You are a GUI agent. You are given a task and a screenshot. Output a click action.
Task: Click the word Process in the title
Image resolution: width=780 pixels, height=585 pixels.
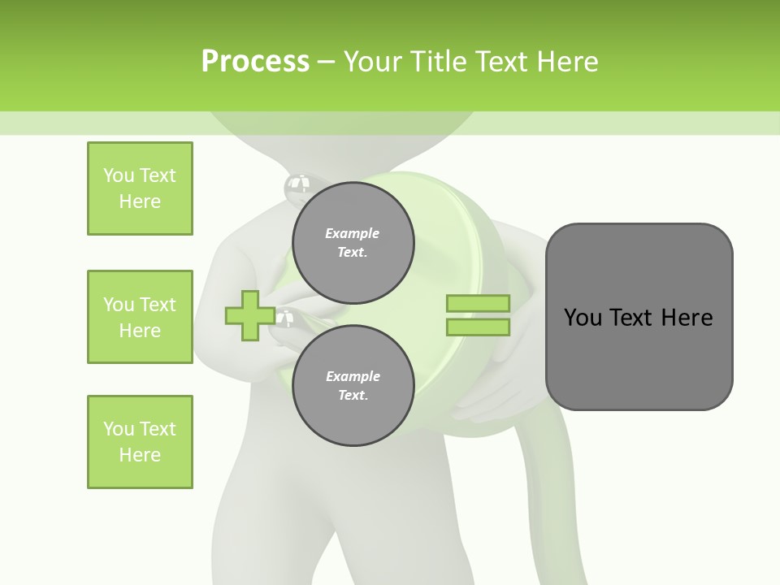pyautogui.click(x=255, y=61)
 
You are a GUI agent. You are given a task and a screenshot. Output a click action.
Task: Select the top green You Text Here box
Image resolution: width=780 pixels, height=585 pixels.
pyautogui.click(x=140, y=188)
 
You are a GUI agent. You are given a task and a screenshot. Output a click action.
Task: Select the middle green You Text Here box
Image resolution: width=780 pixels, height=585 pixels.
pyautogui.click(x=140, y=317)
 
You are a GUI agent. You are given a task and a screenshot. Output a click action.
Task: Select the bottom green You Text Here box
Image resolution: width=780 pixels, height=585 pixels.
pyautogui.click(x=140, y=442)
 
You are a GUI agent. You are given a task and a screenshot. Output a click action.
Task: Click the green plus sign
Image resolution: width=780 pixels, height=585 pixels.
pyautogui.click(x=249, y=316)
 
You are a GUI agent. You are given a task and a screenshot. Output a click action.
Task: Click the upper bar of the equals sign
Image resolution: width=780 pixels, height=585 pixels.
pyautogui.click(x=478, y=303)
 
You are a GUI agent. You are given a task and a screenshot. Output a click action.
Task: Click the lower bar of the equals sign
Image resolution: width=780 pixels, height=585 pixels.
pyautogui.click(x=478, y=327)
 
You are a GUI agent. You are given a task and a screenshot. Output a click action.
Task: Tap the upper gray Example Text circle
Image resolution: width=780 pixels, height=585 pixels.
pyautogui.click(x=353, y=242)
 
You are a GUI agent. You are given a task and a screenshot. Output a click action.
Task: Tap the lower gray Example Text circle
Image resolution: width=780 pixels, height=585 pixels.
pyautogui.click(x=353, y=385)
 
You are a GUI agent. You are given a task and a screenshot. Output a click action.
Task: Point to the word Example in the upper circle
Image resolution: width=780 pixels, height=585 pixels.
pyautogui.click(x=352, y=233)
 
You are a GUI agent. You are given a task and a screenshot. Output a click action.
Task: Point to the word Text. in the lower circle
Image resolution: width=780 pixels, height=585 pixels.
pyautogui.click(x=353, y=395)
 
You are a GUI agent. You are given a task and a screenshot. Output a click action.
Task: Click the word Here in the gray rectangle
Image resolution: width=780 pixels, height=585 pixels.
pyautogui.click(x=687, y=318)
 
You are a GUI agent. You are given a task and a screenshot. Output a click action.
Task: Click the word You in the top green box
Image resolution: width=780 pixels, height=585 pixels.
pyautogui.click(x=119, y=175)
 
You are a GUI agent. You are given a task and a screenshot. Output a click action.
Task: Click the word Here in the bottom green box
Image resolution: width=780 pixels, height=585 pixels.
pyautogui.click(x=140, y=455)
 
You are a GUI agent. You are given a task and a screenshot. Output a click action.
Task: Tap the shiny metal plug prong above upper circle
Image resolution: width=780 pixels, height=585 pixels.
pyautogui.click(x=297, y=188)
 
